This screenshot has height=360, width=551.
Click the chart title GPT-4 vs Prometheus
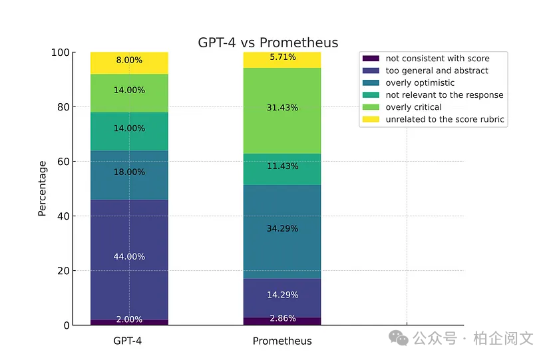pos(268,43)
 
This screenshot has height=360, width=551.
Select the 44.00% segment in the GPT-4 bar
pos(129,256)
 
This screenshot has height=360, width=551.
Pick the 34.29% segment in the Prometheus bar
pos(282,228)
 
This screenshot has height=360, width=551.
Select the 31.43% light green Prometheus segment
pos(282,108)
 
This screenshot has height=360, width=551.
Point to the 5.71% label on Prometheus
pos(282,57)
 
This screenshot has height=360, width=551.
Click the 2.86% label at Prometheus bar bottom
pos(282,319)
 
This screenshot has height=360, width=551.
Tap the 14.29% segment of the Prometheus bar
pos(282,294)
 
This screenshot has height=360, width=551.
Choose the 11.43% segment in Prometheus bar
pos(282,166)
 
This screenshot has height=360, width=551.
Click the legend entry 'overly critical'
pos(413,107)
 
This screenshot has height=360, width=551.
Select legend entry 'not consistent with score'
pos(437,59)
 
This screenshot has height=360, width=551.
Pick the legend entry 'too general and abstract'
pos(437,71)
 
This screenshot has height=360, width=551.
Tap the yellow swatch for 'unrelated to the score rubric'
pos(371,120)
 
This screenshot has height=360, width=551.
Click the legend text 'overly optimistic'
pos(420,83)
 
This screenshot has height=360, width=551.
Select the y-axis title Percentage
pos(42,188)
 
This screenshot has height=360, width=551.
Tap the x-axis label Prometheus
pos(282,341)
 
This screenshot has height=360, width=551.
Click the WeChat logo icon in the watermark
pos(399,338)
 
